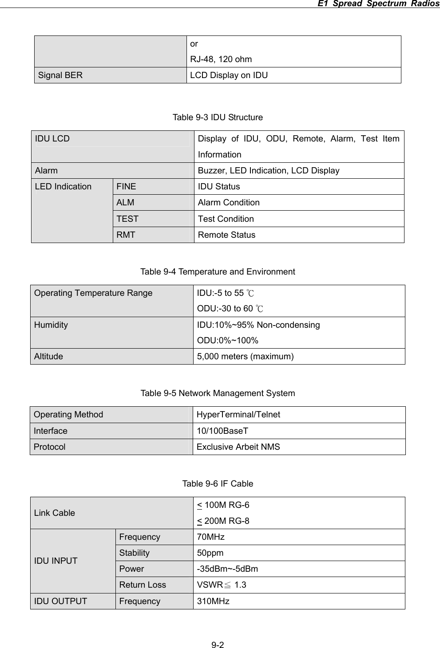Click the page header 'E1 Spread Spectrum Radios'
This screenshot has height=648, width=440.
tap(375, 4)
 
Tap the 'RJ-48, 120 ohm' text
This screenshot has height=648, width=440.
tap(221, 59)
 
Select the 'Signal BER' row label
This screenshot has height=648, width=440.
tap(60, 75)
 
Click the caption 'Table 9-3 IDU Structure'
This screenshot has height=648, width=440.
tap(218, 118)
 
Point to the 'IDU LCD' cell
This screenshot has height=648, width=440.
tap(52, 139)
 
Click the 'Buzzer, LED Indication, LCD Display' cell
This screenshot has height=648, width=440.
tap(269, 171)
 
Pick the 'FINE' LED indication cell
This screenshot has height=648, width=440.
tap(127, 187)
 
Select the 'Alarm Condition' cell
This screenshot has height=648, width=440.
tap(229, 203)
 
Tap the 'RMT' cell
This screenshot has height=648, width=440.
tap(126, 235)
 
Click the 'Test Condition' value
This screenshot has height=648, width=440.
tap(226, 219)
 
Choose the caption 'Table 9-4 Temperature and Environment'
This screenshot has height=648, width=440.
tap(218, 271)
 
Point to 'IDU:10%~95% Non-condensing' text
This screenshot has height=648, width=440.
tap(258, 325)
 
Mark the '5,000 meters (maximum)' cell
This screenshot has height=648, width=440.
tap(245, 356)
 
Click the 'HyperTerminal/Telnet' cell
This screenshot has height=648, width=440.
tap(238, 415)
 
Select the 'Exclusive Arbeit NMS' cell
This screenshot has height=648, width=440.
tap(238, 447)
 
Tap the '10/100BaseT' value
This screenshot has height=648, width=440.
tap(222, 431)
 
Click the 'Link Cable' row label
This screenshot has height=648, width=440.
tap(55, 513)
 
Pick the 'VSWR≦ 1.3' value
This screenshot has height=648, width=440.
tap(222, 585)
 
